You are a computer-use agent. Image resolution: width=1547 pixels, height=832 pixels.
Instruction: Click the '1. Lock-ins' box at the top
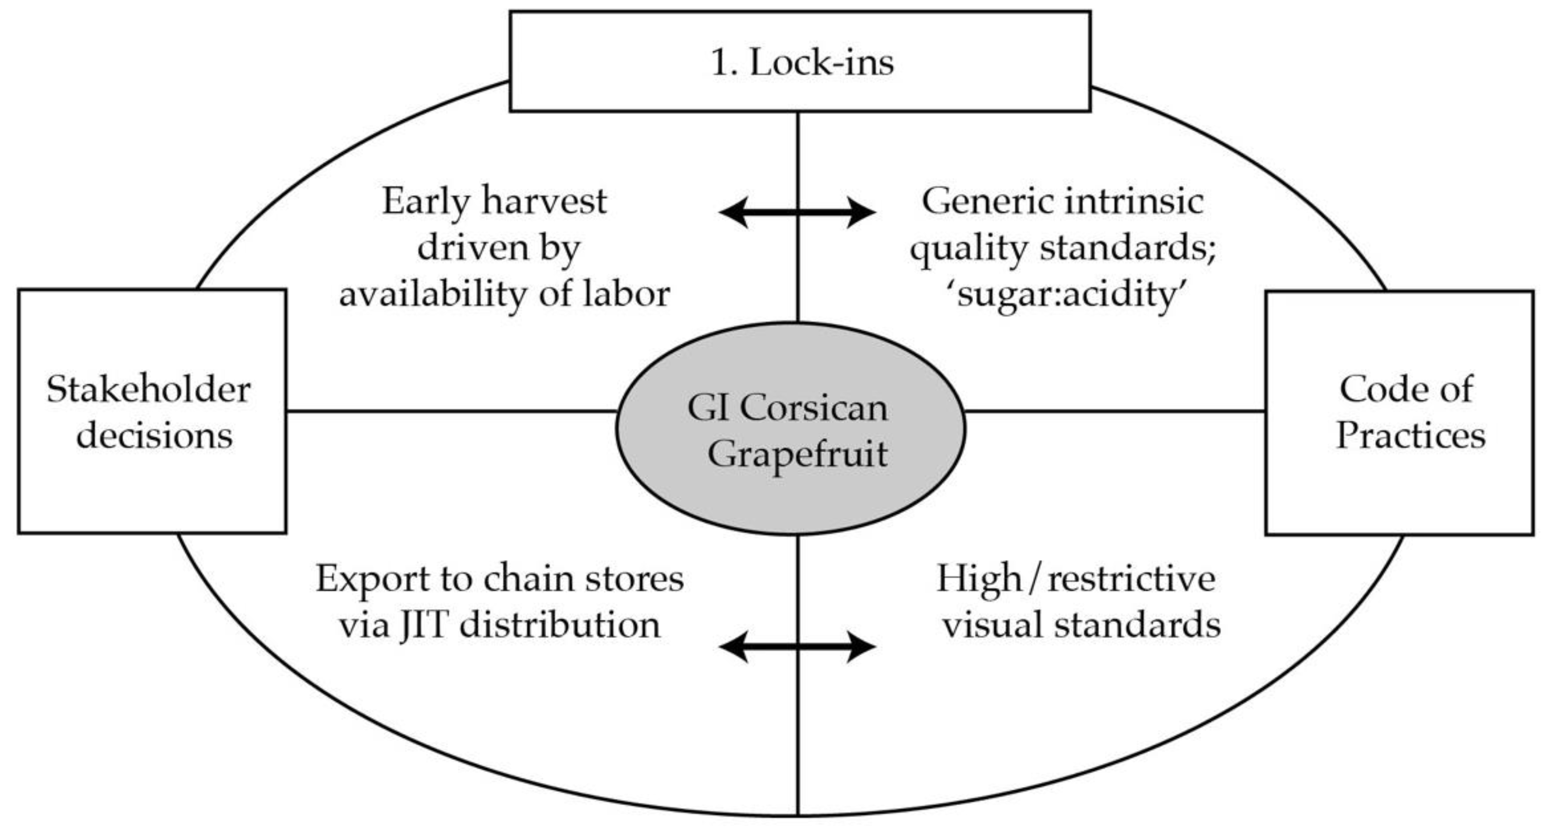click(x=800, y=61)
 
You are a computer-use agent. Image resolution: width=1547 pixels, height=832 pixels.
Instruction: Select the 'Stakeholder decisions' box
click(x=151, y=411)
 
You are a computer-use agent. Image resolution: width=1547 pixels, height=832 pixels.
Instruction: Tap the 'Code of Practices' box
click(x=1399, y=413)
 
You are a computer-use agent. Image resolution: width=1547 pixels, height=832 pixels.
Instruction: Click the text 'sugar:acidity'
click(x=1066, y=294)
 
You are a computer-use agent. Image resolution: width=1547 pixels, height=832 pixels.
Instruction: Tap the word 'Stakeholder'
click(x=148, y=389)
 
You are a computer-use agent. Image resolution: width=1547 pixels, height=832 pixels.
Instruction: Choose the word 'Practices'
click(x=1410, y=435)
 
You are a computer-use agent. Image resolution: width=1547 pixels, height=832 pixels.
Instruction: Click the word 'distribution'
click(x=560, y=625)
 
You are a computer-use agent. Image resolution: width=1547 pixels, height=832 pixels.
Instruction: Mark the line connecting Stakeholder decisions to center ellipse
click(x=450, y=411)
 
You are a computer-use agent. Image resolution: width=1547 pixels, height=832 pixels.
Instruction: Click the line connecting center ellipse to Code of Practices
click(x=1114, y=411)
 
